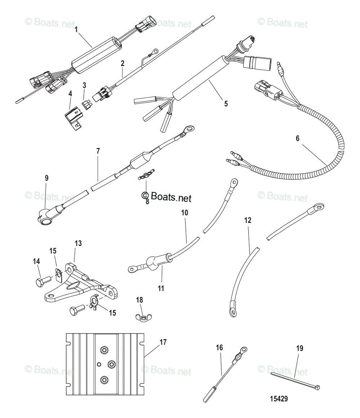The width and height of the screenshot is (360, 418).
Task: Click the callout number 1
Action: [76, 29]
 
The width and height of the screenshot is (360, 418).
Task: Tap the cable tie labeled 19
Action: [295, 382]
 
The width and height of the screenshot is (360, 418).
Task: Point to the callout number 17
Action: [163, 342]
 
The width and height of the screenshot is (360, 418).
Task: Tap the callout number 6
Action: [298, 138]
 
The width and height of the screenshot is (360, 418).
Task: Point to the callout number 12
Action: [248, 220]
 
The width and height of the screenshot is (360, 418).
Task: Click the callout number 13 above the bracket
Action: [78, 243]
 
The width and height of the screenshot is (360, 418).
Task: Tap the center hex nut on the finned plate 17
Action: [111, 364]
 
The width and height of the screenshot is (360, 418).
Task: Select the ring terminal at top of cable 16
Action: [243, 349]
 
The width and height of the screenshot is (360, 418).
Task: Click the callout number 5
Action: [226, 104]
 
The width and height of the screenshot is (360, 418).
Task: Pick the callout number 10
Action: [185, 213]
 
